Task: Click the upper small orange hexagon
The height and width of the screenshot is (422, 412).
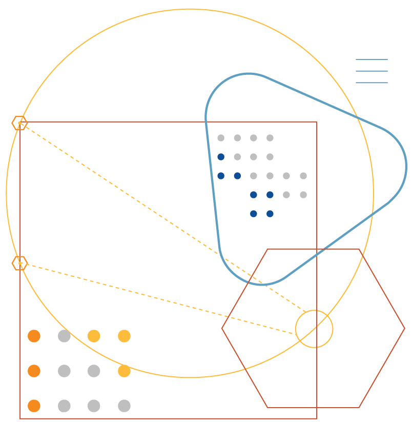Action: tap(19, 123)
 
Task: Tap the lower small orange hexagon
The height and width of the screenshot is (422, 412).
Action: tap(19, 263)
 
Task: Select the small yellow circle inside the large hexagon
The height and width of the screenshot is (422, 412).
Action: tap(314, 329)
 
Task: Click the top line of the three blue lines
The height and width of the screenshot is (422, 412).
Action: tap(372, 59)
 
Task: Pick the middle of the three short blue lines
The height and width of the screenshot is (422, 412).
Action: tap(372, 71)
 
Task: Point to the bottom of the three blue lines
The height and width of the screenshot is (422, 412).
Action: tap(372, 83)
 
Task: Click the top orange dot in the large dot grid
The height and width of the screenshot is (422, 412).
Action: tap(34, 336)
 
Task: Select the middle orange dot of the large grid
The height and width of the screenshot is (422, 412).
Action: tap(34, 371)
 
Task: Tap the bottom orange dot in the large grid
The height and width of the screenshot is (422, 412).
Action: tap(34, 406)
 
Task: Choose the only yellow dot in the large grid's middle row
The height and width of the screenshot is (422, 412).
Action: tap(124, 371)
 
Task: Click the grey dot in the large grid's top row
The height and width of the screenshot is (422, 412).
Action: tap(64, 336)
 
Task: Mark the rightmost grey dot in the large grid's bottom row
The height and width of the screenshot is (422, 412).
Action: tap(124, 406)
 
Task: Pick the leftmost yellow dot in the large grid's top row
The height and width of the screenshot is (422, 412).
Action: tap(94, 336)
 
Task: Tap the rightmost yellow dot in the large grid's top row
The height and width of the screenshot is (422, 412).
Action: tap(124, 336)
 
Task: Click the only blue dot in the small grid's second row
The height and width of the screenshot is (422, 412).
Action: tap(221, 157)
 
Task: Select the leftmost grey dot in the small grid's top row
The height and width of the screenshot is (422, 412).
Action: tap(221, 138)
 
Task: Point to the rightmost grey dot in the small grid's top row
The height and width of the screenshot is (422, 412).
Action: tap(270, 138)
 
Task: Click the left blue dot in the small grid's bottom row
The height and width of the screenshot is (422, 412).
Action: tap(254, 214)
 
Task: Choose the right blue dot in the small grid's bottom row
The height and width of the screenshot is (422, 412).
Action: tap(270, 214)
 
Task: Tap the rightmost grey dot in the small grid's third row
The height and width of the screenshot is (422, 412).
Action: tap(303, 176)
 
